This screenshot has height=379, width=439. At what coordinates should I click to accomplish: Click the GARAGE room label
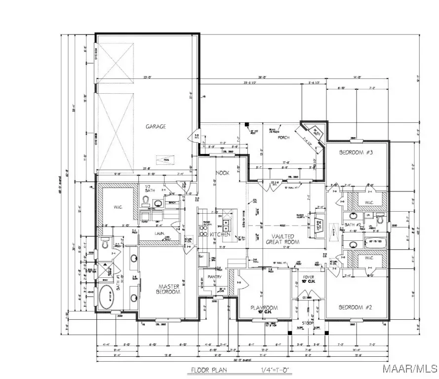pos(156,127)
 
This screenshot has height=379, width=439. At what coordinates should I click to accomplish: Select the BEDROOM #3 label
pos(356,153)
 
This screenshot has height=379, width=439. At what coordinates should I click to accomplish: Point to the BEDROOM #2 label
pos(356,308)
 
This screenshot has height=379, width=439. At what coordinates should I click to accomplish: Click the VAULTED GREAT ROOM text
pos(283,239)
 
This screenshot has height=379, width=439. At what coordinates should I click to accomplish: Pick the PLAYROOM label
pos(264,308)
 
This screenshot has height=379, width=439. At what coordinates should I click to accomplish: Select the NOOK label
pos(222,173)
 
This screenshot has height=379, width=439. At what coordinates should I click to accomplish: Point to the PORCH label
pos(283,138)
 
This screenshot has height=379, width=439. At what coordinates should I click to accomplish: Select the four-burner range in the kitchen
pos(203,230)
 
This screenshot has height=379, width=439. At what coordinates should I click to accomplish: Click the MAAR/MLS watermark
pos(416,369)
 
